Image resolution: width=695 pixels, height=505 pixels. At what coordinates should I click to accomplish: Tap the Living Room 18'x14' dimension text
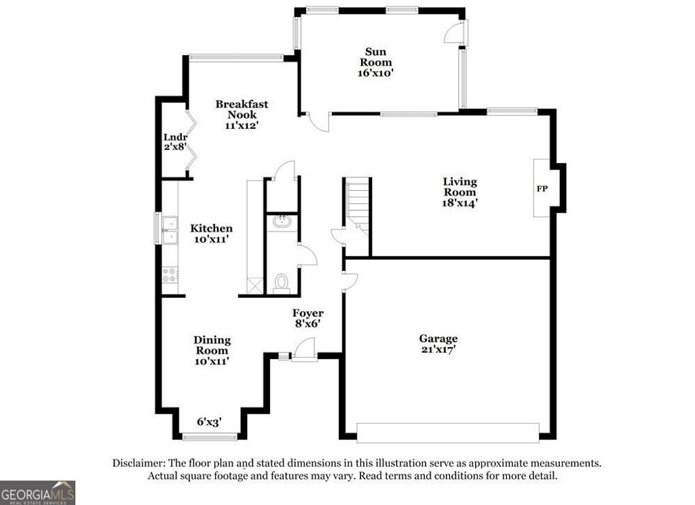pos(459,202)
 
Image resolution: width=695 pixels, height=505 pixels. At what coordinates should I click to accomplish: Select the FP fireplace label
pos(542,189)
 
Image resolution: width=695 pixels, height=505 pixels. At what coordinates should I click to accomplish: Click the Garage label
pos(438,339)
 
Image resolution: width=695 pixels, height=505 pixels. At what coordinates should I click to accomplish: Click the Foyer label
pos(307,313)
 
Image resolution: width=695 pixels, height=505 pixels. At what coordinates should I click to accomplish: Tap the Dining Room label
pos(212,345)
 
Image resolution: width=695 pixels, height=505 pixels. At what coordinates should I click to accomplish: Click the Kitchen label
pos(211,229)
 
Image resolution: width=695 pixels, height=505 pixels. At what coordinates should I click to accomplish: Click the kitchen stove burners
pos(168,274)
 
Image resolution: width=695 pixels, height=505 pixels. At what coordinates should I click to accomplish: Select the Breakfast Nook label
pos(242,109)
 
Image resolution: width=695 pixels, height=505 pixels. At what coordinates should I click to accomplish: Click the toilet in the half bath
pos(282,282)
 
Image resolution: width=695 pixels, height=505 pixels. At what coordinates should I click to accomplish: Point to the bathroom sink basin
pos(282,221)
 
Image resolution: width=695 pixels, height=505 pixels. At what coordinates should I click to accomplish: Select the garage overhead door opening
pos(447,432)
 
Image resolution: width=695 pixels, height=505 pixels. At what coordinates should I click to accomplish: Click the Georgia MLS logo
pos(37,492)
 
